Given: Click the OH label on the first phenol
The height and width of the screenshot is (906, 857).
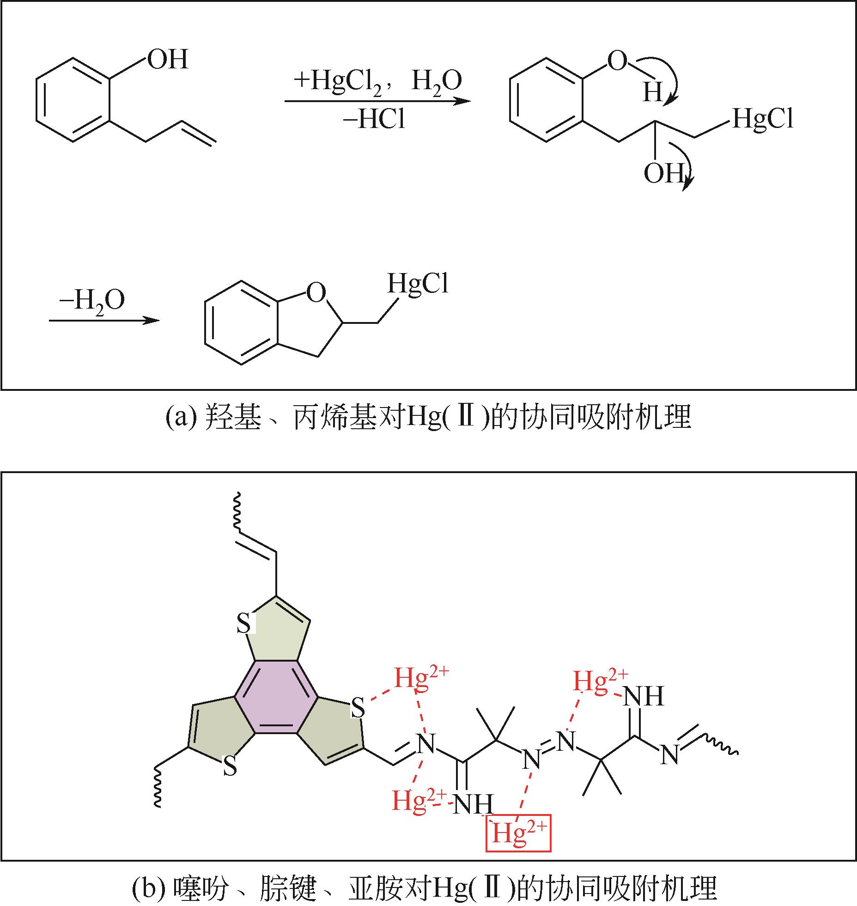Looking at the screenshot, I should [x=168, y=60].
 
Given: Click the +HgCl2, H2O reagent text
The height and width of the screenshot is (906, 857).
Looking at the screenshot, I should [x=377, y=81].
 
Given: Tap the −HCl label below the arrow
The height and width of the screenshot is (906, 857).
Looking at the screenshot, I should [x=374, y=121].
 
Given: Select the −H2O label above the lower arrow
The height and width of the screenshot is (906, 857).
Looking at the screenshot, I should [x=91, y=300].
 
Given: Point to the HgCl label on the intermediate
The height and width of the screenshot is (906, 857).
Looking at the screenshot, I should [x=763, y=119].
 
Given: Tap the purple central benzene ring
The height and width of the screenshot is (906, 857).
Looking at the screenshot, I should [x=276, y=698].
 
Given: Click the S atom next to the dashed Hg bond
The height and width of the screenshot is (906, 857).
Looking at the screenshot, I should [x=358, y=708].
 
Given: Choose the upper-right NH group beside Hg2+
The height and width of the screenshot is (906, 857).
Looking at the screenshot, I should [x=644, y=696].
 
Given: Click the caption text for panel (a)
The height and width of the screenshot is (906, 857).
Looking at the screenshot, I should [x=428, y=418].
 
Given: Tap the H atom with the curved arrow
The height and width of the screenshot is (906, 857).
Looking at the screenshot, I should [x=653, y=92].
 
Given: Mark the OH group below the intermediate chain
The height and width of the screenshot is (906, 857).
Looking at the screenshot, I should [x=663, y=174].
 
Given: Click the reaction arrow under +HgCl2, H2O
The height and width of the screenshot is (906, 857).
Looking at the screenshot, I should [x=377, y=101].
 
